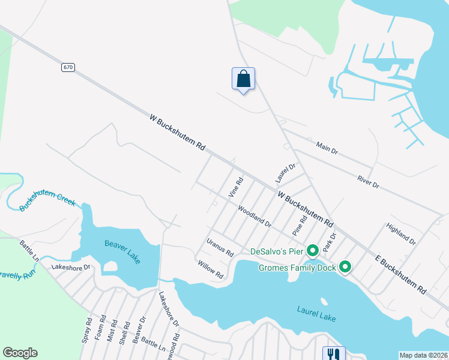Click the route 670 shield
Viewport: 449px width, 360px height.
[67, 67]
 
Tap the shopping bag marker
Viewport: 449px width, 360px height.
[243, 79]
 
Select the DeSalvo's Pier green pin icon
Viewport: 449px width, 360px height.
[312, 250]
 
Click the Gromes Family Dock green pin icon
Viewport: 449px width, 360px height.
[345, 266]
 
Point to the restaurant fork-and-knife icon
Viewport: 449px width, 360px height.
[334, 354]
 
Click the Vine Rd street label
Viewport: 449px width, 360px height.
[236, 188]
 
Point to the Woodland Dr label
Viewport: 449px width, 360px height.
[254, 216]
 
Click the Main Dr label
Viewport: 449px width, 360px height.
[327, 148]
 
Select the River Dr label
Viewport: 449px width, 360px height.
[367, 182]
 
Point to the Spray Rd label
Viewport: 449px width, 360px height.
[87, 331]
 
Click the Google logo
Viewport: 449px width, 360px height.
[20, 353]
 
